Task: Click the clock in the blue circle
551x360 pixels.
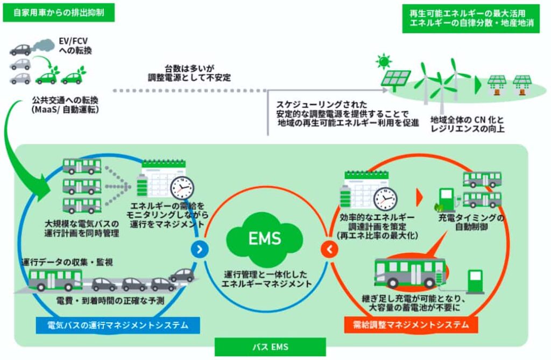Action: (182, 188)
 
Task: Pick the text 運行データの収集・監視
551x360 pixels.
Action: (67, 263)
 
